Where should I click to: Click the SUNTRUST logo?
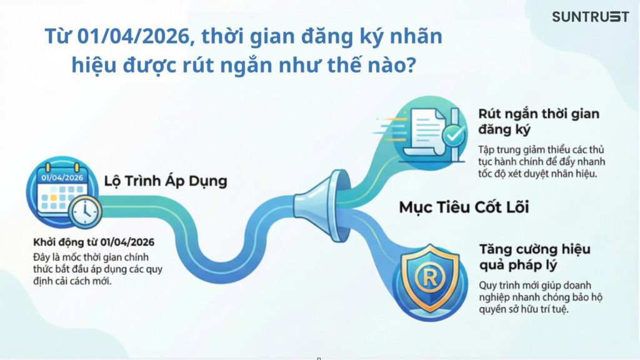coord(589,17)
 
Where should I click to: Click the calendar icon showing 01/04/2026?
coord(60,191)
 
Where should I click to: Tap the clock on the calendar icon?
coord(84,212)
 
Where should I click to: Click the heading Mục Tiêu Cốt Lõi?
coord(464,207)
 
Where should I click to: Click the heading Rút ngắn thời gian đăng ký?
coord(538,121)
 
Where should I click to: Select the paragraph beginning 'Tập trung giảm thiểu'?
coord(542,162)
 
